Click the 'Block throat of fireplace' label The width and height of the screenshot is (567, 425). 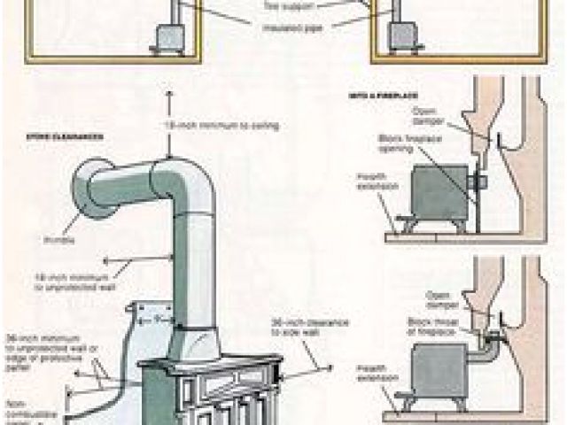pos(424,325)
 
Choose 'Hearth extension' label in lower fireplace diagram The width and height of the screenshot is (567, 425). pos(370,371)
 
